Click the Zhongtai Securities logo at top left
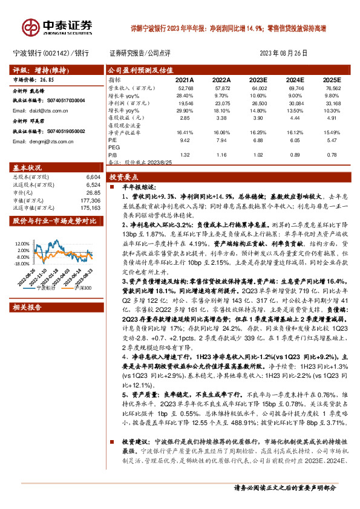coord(58,27)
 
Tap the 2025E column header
coord(332,79)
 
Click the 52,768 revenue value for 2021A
coord(185,88)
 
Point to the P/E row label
coord(112,140)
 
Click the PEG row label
coord(113,147)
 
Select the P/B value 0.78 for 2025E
coord(332,155)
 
